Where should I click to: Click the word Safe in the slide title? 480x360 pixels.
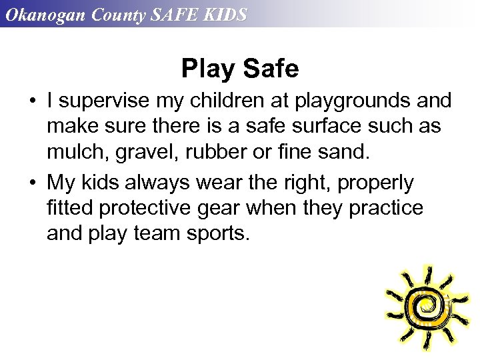click(x=271, y=68)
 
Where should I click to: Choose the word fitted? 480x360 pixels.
click(x=70, y=208)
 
